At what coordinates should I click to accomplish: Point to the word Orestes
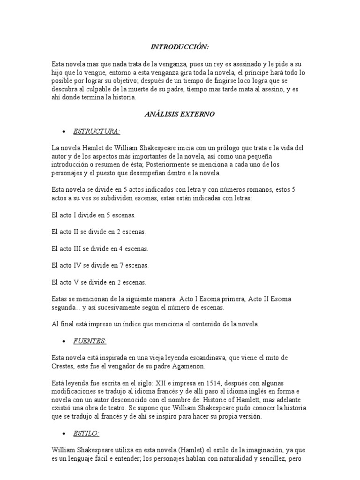coord(64,366)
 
